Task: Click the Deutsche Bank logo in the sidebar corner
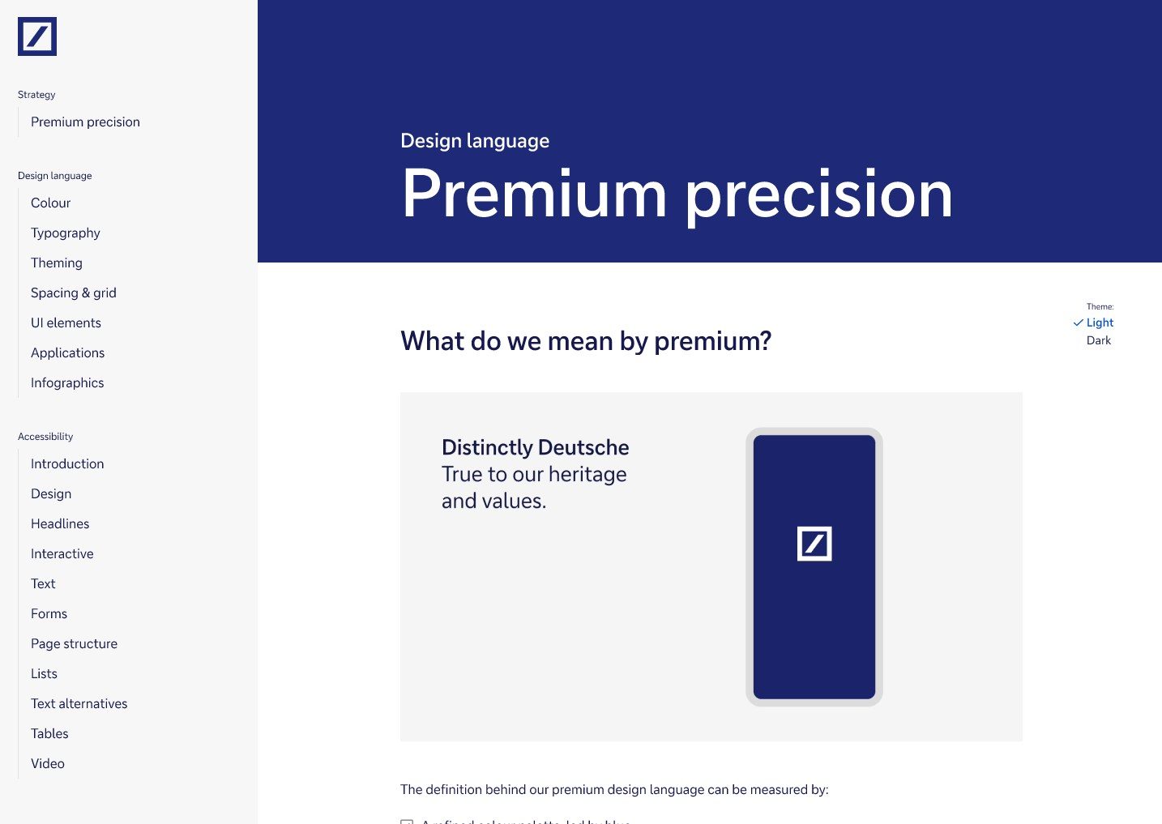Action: [x=37, y=36]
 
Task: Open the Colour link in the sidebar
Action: [x=50, y=203]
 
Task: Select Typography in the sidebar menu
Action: [x=65, y=233]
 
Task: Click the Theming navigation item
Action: [x=56, y=263]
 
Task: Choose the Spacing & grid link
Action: [x=73, y=293]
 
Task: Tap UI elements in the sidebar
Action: [x=66, y=323]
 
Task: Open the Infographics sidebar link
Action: [x=67, y=383]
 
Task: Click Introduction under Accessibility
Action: [x=67, y=464]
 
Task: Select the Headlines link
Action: [x=60, y=524]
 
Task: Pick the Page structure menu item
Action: [x=74, y=644]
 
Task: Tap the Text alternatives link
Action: [x=79, y=704]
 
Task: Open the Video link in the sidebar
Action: [x=47, y=764]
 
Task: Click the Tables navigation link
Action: [x=49, y=734]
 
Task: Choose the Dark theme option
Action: [x=1098, y=341]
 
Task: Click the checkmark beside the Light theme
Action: [x=1078, y=322]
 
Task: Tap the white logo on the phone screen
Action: [x=814, y=544]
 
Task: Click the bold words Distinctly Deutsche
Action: [x=535, y=448]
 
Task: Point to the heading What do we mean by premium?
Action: [x=585, y=341]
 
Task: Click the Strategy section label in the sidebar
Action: [x=36, y=95]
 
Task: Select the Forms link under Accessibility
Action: [x=49, y=614]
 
